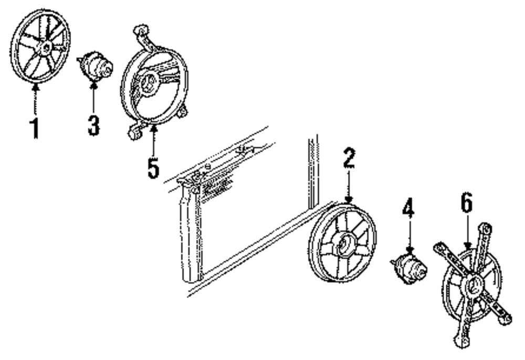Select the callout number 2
pos(349,158)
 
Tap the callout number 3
pos(93,125)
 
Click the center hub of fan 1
pos(44,48)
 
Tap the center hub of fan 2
pos(344,245)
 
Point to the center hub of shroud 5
pos(148,83)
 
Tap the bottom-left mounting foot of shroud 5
pos(134,133)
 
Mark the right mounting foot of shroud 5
pos(182,112)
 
